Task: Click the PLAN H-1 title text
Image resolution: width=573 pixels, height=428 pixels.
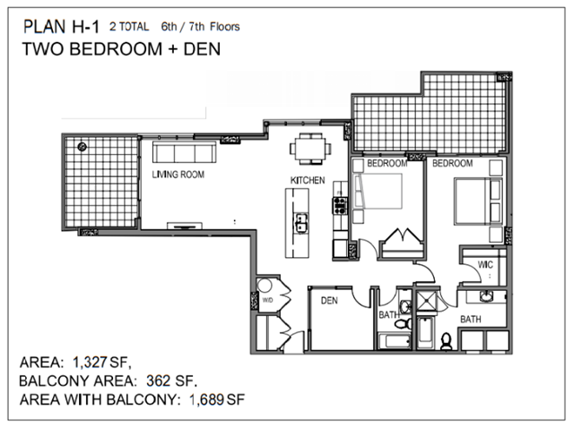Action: [x=61, y=27]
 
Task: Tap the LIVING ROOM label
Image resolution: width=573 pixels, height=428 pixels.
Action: [x=178, y=175]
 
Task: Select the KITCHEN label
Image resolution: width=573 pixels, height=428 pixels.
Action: [x=308, y=180]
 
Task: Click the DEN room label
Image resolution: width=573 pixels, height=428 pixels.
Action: [x=329, y=301]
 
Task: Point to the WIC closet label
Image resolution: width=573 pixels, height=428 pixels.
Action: [x=485, y=264]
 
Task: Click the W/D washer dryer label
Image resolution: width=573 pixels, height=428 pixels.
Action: [x=267, y=300]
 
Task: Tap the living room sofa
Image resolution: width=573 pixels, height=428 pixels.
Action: [x=184, y=152]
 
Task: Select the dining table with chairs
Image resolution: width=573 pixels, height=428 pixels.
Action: [x=310, y=149]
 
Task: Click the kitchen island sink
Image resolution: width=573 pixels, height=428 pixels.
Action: [x=301, y=223]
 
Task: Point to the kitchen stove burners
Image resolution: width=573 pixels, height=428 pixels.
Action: [x=340, y=205]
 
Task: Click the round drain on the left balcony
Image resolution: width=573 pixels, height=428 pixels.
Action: [x=82, y=147]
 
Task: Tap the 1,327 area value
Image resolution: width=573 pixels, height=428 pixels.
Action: [x=90, y=363]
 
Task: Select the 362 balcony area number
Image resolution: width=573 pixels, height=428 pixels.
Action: [x=159, y=381]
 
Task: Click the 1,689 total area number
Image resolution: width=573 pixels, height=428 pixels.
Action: [x=206, y=399]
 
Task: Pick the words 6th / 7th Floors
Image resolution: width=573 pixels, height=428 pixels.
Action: [x=200, y=27]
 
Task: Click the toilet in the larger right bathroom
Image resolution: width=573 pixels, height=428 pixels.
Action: [x=447, y=341]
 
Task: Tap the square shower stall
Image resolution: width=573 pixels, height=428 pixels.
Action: [x=426, y=301]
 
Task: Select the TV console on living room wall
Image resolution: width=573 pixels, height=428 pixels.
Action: [x=185, y=226]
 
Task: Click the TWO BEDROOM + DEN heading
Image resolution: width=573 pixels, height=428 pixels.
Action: [x=121, y=49]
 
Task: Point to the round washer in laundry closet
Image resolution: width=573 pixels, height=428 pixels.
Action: [x=264, y=286]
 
